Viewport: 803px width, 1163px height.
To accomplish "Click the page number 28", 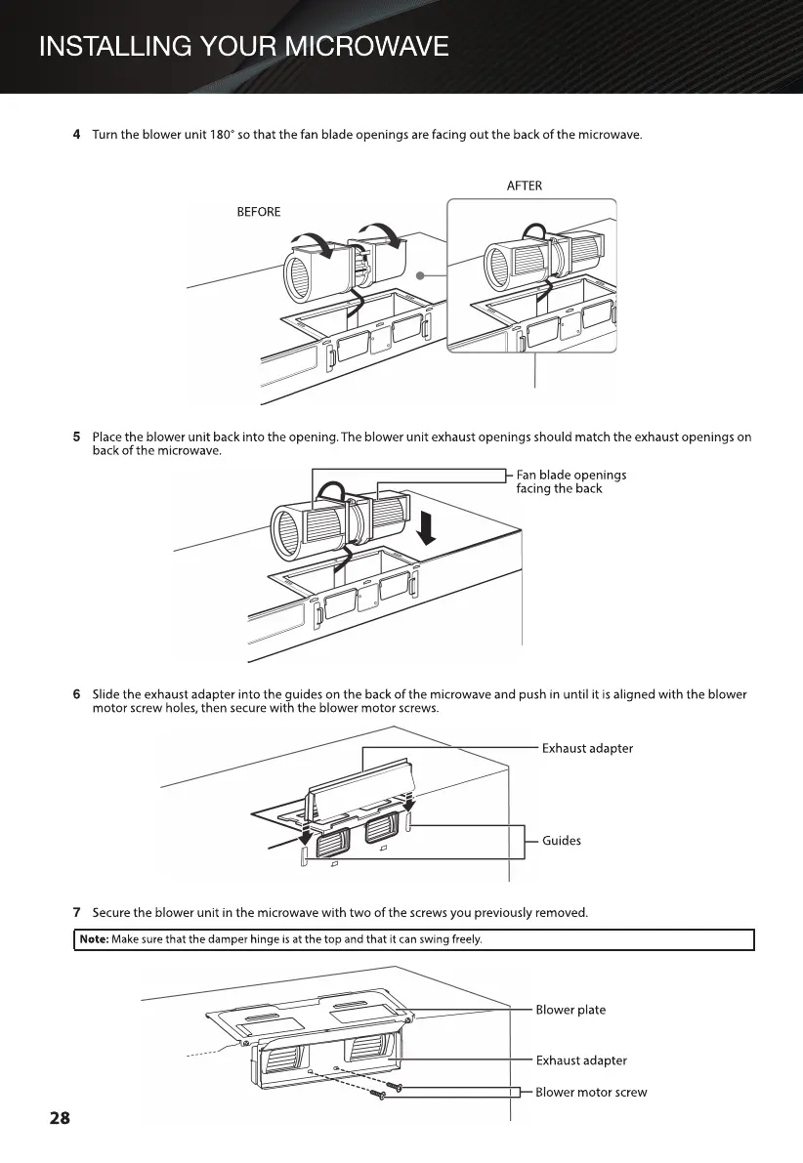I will pyautogui.click(x=61, y=1118).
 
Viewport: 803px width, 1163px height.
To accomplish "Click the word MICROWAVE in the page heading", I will pyautogui.click(x=354, y=46).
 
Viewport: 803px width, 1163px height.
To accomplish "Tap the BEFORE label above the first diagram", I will pyautogui.click(x=259, y=212).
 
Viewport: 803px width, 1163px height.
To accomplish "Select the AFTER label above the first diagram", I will pyautogui.click(x=525, y=186).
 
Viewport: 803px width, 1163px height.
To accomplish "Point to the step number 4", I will pyautogui.click(x=77, y=134).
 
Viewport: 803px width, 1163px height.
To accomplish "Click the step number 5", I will pyautogui.click(x=77, y=436).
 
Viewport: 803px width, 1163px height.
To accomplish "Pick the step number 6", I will pyautogui.click(x=77, y=694).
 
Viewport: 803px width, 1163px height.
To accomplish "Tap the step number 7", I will pyautogui.click(x=77, y=913).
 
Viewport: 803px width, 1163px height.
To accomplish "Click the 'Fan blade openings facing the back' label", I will pyautogui.click(x=571, y=481).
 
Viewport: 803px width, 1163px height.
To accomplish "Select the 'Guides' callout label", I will pyautogui.click(x=562, y=841).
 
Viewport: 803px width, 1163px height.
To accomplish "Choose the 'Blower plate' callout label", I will pyautogui.click(x=571, y=1010).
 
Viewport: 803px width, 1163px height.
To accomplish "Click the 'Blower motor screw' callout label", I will pyautogui.click(x=591, y=1092).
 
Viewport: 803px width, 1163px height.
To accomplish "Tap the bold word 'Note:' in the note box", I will pyautogui.click(x=95, y=940).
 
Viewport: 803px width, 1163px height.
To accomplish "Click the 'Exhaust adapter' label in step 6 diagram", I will pyautogui.click(x=587, y=748).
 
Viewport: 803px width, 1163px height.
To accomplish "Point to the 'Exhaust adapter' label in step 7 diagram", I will pyautogui.click(x=581, y=1059).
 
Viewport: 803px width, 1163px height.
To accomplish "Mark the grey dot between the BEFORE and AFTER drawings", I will pyautogui.click(x=420, y=275).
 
